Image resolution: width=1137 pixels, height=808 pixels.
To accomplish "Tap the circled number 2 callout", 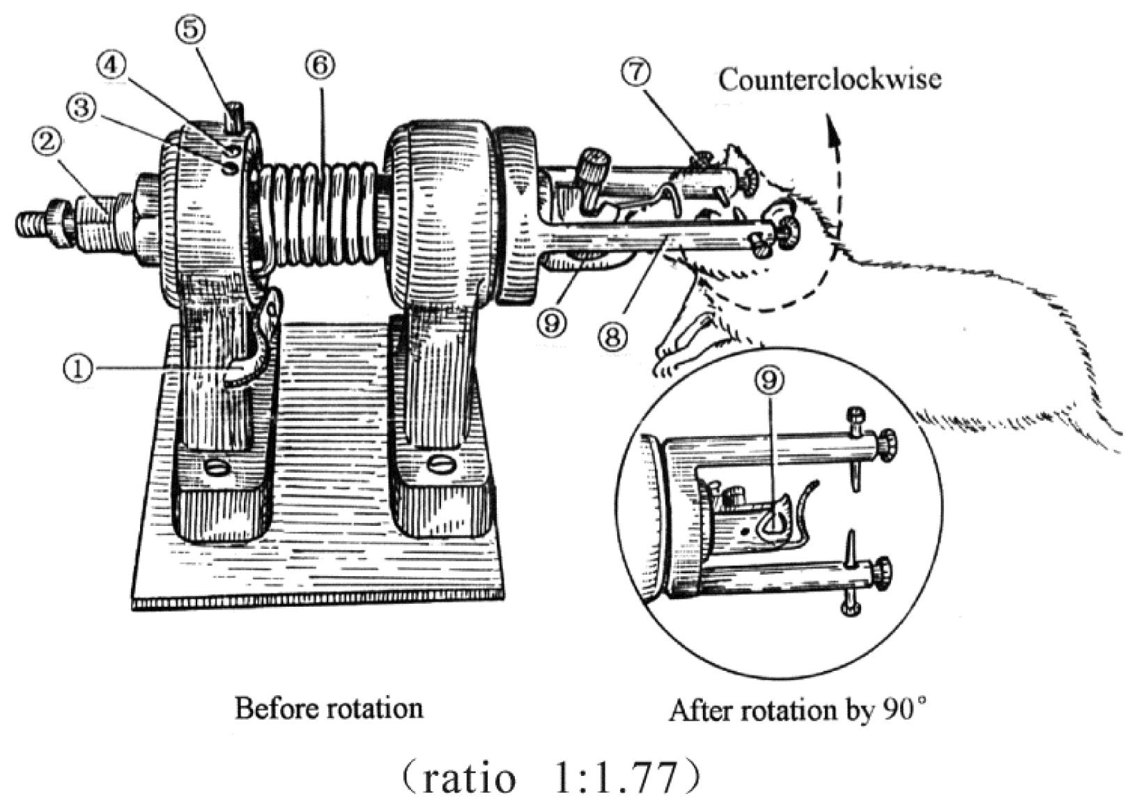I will click(x=47, y=143).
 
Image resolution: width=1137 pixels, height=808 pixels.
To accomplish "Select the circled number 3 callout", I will click(x=83, y=109).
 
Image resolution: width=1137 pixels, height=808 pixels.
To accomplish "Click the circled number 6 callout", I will click(x=320, y=66).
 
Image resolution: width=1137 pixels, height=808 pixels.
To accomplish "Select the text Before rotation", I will click(x=329, y=708).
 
